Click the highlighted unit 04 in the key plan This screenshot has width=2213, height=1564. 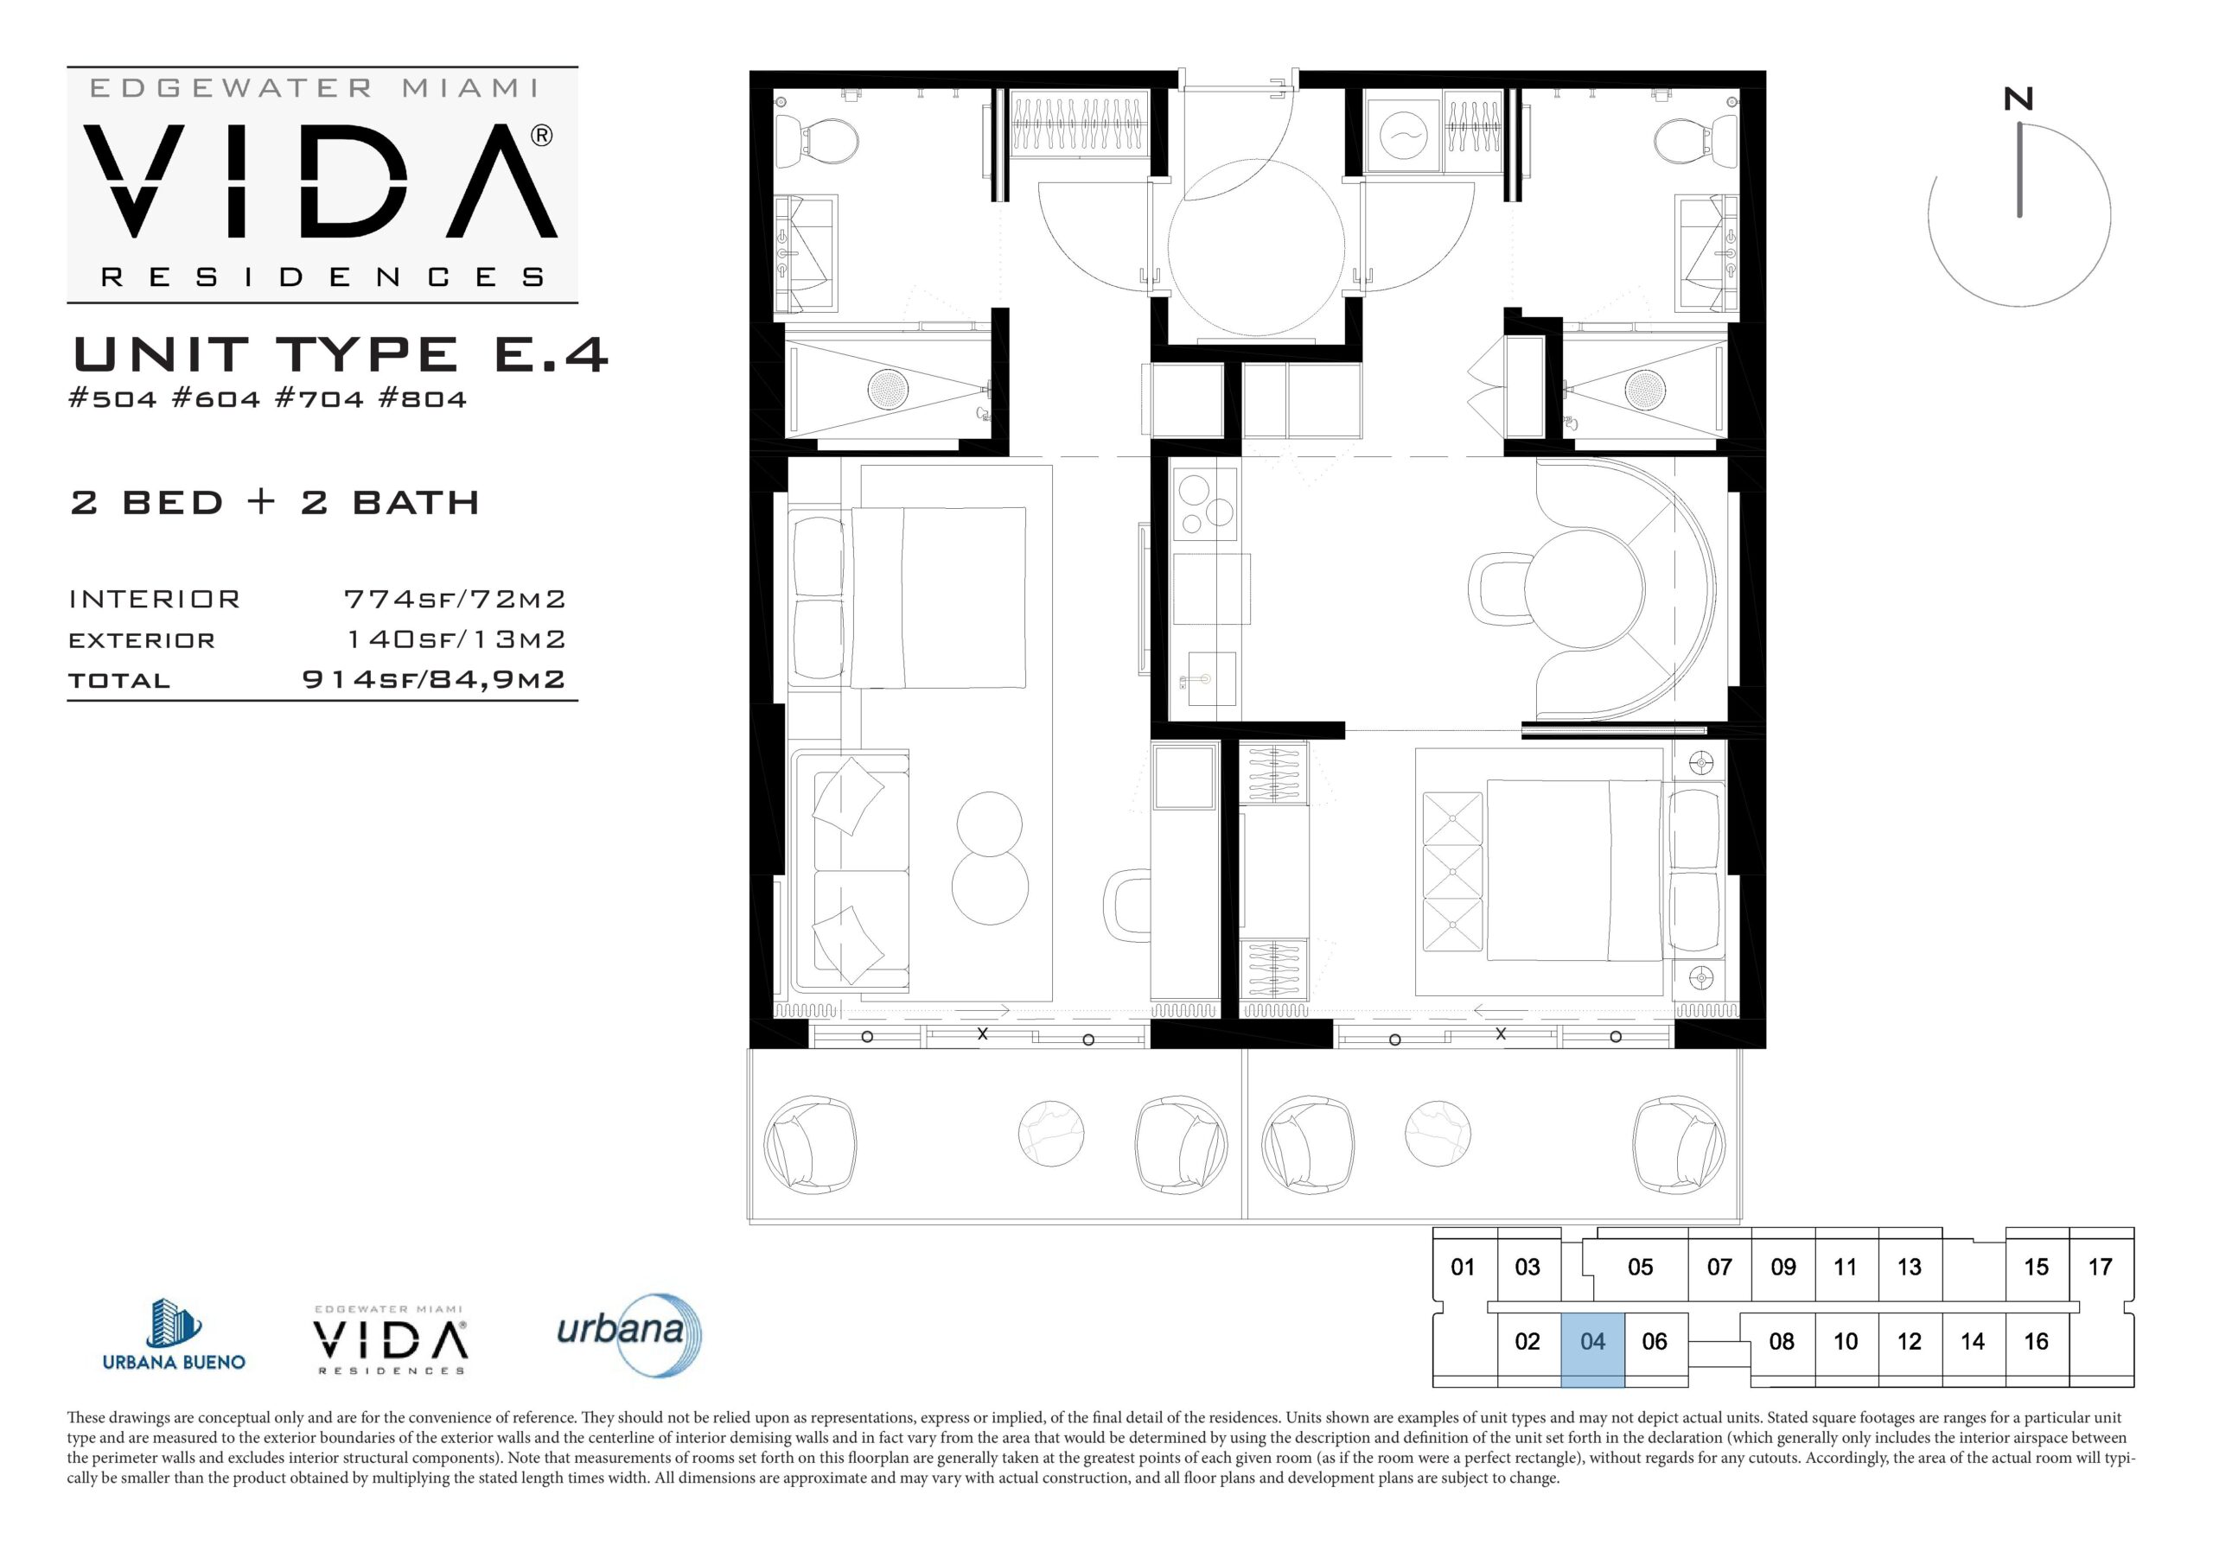1592,1349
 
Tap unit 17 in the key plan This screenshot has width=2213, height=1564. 2101,1268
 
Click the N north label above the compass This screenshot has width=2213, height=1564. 2018,99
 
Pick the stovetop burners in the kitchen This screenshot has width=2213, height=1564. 1205,504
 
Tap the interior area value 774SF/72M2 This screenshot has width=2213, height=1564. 455,600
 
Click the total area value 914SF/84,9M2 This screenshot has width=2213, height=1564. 434,679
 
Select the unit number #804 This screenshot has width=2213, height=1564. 422,399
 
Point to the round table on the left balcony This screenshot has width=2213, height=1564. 1051,1133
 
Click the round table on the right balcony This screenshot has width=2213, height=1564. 1438,1133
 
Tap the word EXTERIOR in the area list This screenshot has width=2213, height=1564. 142,641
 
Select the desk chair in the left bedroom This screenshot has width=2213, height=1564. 1128,905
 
